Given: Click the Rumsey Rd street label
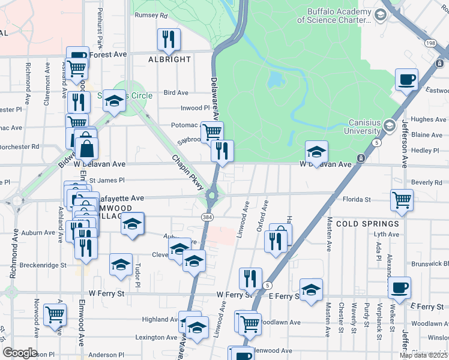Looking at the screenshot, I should click(x=151, y=15).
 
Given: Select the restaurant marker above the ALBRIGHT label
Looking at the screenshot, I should click(x=169, y=40).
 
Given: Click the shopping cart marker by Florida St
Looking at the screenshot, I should click(x=402, y=200).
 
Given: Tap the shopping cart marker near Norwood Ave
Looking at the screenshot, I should click(x=55, y=314).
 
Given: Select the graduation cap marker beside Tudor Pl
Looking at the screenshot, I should click(x=121, y=264).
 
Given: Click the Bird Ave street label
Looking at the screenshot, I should click(x=176, y=93).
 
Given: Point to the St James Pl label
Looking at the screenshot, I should click(x=107, y=180).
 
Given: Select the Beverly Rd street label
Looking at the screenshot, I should click(x=427, y=182).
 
